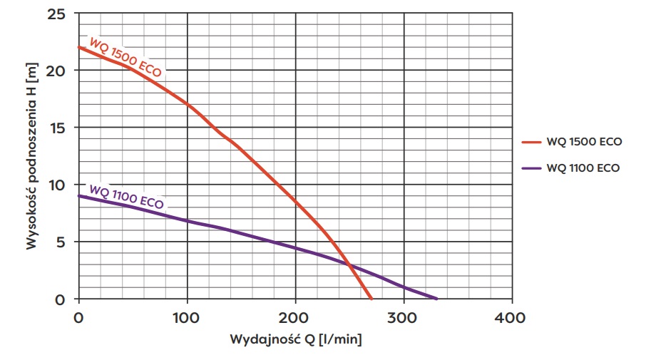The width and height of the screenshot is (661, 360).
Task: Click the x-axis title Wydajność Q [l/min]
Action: point(295,340)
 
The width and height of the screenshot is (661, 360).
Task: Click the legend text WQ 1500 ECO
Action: point(584,141)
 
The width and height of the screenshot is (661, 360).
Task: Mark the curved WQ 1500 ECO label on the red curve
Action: point(125,56)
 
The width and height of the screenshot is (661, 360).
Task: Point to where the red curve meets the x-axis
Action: point(371,298)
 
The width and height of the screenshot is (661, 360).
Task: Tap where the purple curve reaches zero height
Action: point(436,298)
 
